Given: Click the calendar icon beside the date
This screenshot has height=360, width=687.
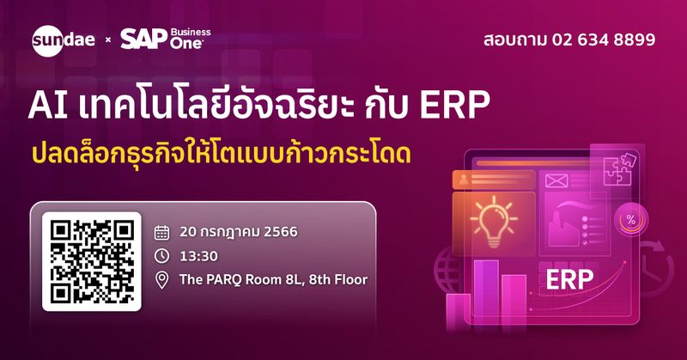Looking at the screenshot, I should click(161, 231).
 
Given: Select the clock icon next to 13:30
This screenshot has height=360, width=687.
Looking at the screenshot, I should click(161, 255).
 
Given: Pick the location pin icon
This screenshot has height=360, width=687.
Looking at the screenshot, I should click(161, 279).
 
